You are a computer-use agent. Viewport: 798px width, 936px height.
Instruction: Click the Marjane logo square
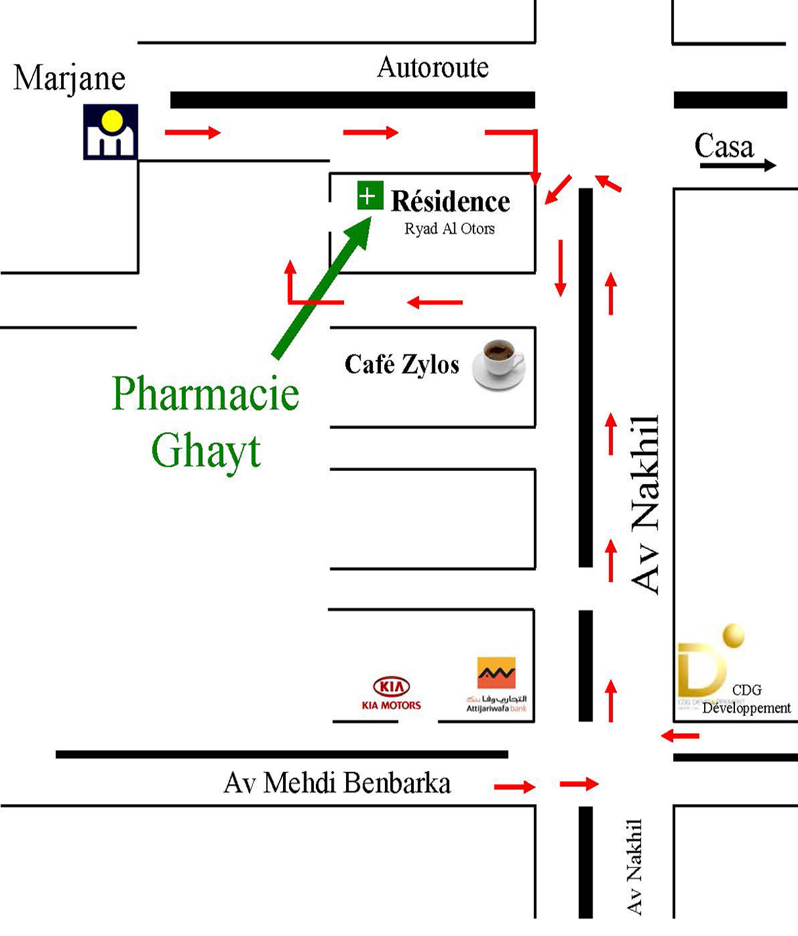click(110, 132)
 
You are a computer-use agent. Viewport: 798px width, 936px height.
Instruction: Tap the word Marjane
click(69, 79)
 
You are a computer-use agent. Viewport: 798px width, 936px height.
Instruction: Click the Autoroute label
click(433, 68)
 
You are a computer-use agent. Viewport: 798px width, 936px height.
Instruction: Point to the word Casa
click(724, 146)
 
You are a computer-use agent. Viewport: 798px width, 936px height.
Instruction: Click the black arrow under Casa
click(737, 166)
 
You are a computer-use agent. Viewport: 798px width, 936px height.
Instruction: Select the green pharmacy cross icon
click(369, 196)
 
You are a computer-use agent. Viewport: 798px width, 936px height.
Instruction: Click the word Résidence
click(451, 202)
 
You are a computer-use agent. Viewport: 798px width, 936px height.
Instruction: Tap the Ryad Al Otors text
click(449, 229)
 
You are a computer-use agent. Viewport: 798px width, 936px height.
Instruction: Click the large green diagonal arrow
click(322, 289)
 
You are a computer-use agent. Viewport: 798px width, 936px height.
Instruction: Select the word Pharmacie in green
click(205, 394)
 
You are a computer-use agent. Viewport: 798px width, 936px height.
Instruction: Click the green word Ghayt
click(206, 451)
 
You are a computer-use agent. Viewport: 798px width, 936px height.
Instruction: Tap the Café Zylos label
click(401, 365)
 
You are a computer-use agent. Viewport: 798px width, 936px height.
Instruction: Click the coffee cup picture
click(500, 365)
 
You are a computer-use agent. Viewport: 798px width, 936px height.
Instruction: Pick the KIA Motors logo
click(391, 694)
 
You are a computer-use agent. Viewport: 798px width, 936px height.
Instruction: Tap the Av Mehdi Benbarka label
click(337, 783)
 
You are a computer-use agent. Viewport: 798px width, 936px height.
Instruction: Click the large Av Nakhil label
click(645, 504)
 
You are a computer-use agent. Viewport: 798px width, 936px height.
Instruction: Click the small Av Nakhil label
click(634, 866)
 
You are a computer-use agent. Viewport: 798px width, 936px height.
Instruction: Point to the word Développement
click(747, 708)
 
